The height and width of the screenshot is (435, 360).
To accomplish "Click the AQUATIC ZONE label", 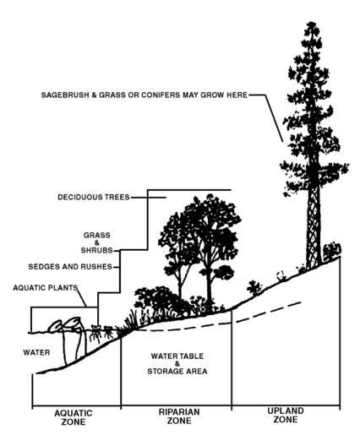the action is (x=74, y=417).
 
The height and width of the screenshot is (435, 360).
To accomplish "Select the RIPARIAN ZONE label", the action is (x=179, y=416).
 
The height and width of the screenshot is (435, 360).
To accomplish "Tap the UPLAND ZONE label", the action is (x=286, y=415).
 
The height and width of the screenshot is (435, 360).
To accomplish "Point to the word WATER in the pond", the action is (x=36, y=352).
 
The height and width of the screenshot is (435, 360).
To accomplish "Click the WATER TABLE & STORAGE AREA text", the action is (x=177, y=363).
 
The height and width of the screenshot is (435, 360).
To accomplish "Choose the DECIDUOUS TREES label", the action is (x=94, y=197).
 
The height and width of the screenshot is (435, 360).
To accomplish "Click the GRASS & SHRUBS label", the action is (x=96, y=242).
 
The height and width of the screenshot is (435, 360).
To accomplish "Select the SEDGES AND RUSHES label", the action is (x=70, y=266).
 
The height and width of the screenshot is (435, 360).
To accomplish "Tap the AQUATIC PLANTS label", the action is (x=46, y=288).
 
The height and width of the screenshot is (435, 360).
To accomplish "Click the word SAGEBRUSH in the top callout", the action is (x=65, y=95).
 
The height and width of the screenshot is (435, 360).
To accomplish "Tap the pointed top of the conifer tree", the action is (x=311, y=23).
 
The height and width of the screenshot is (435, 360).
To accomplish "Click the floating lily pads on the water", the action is (x=66, y=324).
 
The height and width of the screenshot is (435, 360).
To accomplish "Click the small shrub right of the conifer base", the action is (x=331, y=251).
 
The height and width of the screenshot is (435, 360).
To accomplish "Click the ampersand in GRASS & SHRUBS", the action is (x=96, y=242).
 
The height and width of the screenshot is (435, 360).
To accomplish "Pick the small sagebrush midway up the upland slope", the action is (x=254, y=288).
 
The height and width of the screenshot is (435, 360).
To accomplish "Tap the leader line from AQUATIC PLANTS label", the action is (x=82, y=297).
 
